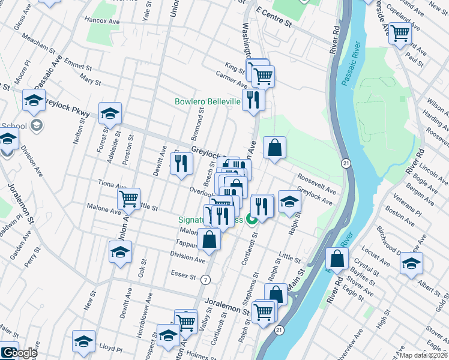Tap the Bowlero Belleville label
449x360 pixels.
[x=207, y=102]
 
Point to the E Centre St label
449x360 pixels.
[x=273, y=18]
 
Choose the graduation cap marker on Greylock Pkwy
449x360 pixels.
[x=110, y=112]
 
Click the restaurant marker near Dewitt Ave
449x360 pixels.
[x=181, y=164]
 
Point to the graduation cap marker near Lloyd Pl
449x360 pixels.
[x=83, y=341]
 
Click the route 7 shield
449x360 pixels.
[x=206, y=280]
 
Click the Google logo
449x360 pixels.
[x=19, y=352]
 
